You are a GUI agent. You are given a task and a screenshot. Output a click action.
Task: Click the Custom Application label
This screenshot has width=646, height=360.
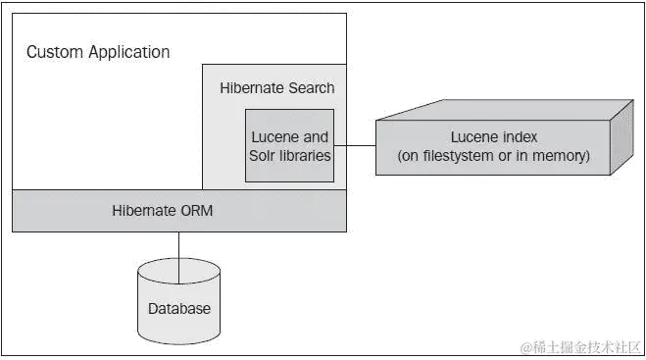click(97, 52)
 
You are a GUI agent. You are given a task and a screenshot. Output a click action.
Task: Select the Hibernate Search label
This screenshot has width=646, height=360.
click(276, 88)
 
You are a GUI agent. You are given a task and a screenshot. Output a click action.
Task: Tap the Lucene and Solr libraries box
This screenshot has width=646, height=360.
click(289, 146)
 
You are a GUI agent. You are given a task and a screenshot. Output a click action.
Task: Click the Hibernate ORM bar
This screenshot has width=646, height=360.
click(178, 211)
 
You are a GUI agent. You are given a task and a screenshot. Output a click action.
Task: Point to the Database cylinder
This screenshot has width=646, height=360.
click(178, 299)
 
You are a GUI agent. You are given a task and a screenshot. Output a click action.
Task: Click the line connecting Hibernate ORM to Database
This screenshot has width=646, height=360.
click(178, 245)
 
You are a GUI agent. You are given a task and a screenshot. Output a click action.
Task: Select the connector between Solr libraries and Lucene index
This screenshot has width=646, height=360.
click(356, 146)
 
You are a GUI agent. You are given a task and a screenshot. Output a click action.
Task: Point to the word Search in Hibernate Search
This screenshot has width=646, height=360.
click(311, 88)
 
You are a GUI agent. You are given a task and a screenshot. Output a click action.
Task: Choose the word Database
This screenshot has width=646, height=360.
click(178, 308)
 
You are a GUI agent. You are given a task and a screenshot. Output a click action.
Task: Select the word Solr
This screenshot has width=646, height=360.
click(266, 155)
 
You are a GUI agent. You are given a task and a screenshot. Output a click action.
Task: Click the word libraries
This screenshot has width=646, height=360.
click(305, 155)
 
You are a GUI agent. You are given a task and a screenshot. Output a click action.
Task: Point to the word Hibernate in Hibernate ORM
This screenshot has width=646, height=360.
click(159, 211)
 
